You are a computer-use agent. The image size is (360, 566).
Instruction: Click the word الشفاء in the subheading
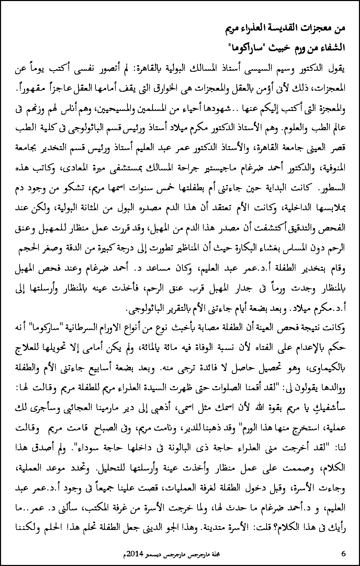330,48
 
